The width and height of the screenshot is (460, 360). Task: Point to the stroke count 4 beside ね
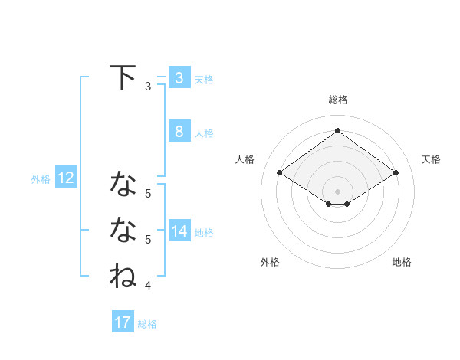point(148,286)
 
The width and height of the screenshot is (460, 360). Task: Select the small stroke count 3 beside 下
point(148,87)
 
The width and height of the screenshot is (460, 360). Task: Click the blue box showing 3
point(179,77)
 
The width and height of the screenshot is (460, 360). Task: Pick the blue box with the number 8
point(179,131)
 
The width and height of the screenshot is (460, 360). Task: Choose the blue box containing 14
point(179,231)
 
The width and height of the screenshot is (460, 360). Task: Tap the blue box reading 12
point(65,178)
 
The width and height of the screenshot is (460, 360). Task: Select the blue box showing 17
point(123,322)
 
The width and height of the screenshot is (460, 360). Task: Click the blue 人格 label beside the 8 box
point(204,133)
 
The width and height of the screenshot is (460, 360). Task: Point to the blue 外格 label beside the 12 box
point(41,179)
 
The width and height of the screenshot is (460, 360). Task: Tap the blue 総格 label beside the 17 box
point(147,324)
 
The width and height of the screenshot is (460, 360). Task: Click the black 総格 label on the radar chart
point(337,100)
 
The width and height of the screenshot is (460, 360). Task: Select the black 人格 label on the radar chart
point(245,159)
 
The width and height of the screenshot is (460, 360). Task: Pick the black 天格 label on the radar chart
point(431,159)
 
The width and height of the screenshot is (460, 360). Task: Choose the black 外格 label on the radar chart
point(270,262)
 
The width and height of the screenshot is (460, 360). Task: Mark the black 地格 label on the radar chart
point(402,262)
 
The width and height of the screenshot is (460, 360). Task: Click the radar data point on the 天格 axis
point(396,173)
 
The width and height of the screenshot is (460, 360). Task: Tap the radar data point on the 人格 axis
point(280,173)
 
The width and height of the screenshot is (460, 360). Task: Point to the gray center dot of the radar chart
point(337,190)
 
